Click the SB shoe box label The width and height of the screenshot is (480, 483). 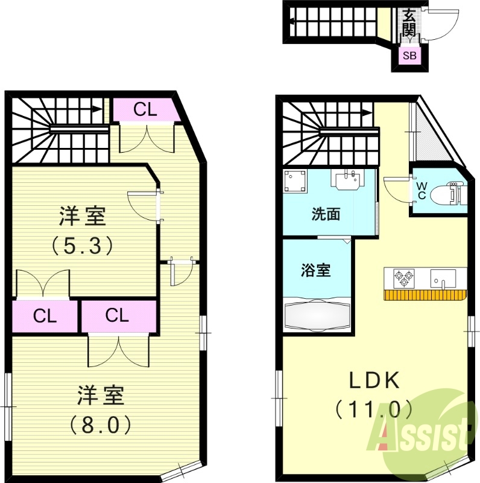(x=410, y=57)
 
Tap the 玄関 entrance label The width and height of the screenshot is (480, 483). (x=409, y=22)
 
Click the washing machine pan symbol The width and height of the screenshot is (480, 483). (x=295, y=181)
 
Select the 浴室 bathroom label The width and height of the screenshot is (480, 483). (x=315, y=270)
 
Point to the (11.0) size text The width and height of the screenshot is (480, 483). (x=374, y=410)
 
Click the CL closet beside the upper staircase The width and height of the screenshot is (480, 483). (x=145, y=109)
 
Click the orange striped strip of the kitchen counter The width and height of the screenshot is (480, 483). (x=425, y=295)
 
